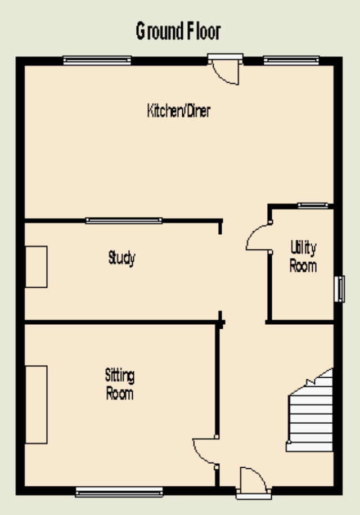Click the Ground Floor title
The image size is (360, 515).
click(x=178, y=31)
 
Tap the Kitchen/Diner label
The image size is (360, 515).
click(x=179, y=110)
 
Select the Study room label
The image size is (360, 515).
click(x=121, y=258)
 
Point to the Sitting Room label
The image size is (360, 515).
click(x=119, y=384)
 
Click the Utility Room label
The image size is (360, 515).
click(x=303, y=256)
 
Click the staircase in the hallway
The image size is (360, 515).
click(x=310, y=410)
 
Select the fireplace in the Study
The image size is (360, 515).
click(x=36, y=267)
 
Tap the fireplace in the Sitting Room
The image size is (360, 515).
click(x=36, y=405)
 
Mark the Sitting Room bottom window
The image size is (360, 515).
click(x=119, y=492)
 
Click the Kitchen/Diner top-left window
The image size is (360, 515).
click(x=97, y=60)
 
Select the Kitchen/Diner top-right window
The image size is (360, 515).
click(x=291, y=60)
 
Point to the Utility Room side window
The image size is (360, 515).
click(x=339, y=289)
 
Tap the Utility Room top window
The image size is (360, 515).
click(x=313, y=205)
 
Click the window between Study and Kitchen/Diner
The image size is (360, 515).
click(x=124, y=221)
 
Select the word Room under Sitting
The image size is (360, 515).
click(x=119, y=393)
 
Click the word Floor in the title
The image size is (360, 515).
click(x=204, y=31)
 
